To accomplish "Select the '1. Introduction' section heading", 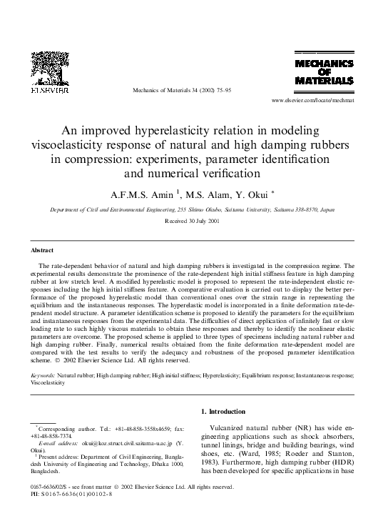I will click(230, 411).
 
